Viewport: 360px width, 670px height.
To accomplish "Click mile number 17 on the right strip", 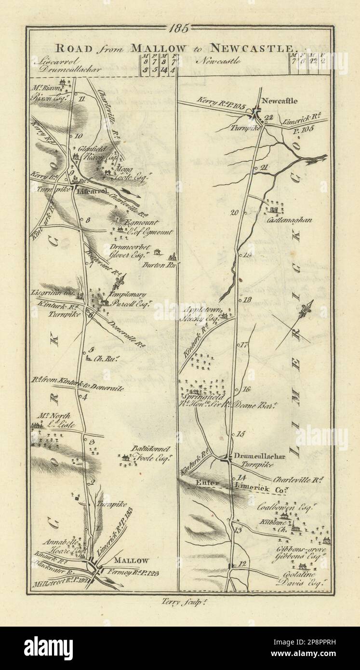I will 243,345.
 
